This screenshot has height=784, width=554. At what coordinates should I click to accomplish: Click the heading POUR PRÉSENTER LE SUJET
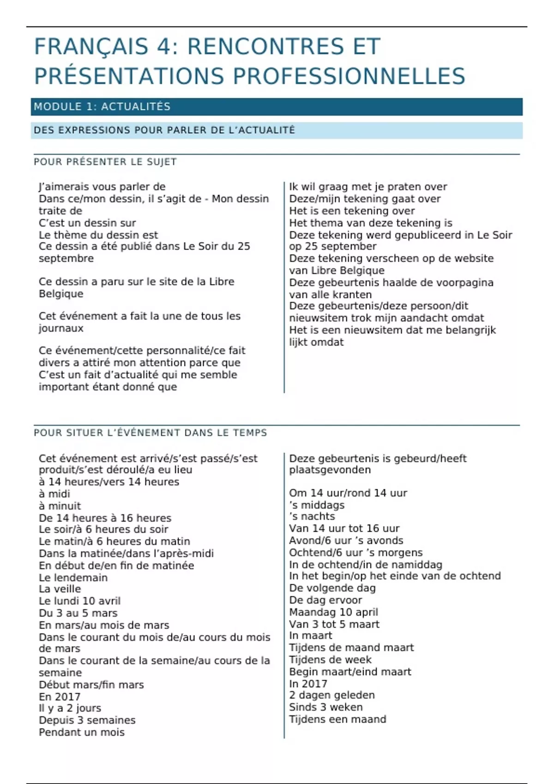[105, 162]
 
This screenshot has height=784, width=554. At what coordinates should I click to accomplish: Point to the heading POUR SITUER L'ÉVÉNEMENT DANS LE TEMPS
[151, 433]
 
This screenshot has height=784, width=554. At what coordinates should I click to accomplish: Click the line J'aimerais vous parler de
[102, 187]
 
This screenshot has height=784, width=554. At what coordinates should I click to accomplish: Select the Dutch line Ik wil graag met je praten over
[368, 187]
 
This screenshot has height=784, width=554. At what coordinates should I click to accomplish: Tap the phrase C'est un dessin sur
[87, 223]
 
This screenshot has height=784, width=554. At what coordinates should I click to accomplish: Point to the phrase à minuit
[60, 506]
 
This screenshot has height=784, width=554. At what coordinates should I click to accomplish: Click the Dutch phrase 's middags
[317, 505]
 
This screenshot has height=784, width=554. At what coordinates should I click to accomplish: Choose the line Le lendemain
[73, 577]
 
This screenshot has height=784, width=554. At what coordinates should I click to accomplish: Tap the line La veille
[60, 589]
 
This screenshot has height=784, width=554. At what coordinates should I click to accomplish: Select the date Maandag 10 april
[333, 612]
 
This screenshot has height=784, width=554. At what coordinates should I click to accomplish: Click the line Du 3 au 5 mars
[78, 613]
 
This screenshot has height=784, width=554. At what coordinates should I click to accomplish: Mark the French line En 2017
[60, 697]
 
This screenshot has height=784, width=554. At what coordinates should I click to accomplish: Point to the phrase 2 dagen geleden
[332, 695]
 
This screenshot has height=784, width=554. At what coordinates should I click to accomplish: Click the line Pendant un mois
[82, 732]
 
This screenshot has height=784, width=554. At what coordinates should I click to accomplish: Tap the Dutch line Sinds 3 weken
[326, 707]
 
